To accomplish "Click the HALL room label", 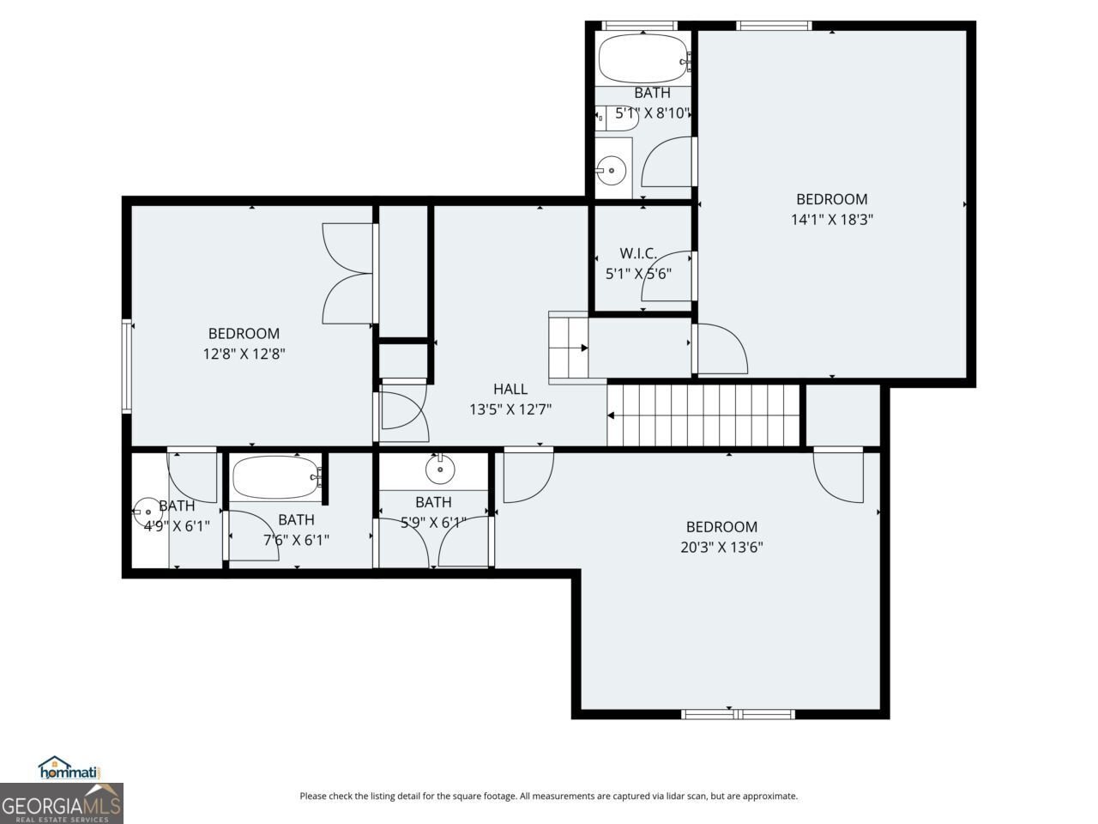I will coord(510,390).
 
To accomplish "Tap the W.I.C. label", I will coord(638,253).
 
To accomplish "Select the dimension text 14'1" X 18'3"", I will coord(831,220).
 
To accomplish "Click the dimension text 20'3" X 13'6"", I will coord(721,547).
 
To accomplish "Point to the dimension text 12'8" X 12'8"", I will coord(244,354).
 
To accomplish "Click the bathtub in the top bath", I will coord(642,58).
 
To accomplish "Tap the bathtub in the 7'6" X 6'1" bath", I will coord(274,478).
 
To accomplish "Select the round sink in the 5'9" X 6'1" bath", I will coord(440,469).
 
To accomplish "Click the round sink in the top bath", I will coord(612,171).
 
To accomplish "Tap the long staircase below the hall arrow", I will coord(703,415).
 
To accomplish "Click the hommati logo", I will coord(70,769).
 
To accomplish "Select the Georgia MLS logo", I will coord(62,804).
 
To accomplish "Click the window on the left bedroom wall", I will coord(127,365).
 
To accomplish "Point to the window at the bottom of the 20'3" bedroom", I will coord(738,713).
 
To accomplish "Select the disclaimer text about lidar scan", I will coord(548,797).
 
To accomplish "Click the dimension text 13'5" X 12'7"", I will coord(510,410).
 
